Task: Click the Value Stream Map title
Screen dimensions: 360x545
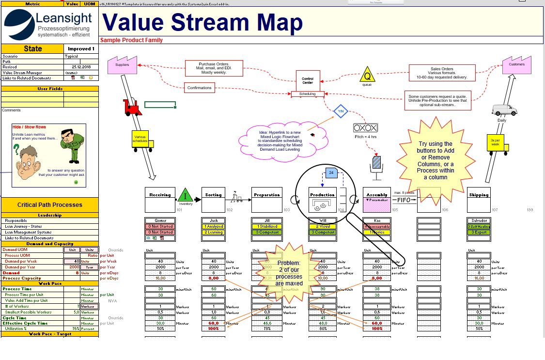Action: (202, 22)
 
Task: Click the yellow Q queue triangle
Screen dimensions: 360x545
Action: (367, 76)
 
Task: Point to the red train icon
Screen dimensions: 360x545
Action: (132, 107)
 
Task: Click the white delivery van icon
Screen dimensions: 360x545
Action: (504, 110)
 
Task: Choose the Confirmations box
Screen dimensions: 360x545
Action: (199, 88)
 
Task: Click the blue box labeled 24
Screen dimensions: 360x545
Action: (331, 172)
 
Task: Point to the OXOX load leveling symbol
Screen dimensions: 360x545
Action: (365, 128)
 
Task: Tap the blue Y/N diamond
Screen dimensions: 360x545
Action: (341, 111)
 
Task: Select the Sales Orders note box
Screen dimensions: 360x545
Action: (442, 73)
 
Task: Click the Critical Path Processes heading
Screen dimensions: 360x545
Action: (49, 204)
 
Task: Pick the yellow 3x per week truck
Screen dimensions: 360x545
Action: (496, 143)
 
